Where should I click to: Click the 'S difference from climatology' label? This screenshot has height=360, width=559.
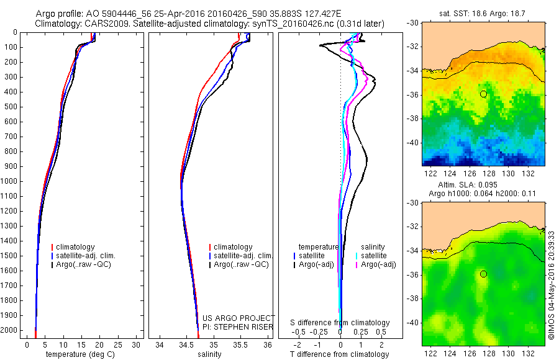340,323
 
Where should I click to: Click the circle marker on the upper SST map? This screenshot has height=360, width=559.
483,94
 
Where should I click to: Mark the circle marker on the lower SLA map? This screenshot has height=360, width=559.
483,274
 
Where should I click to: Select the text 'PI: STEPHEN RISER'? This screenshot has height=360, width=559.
239,326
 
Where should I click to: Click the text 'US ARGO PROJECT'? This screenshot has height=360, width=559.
239,318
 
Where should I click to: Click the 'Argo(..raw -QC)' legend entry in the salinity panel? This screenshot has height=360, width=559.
241,264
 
